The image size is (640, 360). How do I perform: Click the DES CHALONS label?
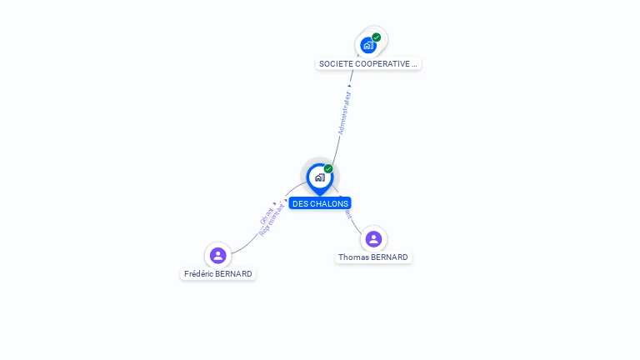click(x=320, y=203)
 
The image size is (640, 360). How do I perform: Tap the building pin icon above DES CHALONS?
click(x=319, y=177)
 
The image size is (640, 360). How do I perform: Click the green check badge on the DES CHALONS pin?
click(x=328, y=169)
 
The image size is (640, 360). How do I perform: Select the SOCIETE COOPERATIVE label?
click(x=368, y=63)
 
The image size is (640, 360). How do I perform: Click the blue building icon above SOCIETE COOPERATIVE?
click(x=368, y=45)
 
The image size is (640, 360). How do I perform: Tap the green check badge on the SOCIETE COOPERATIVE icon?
click(x=377, y=37)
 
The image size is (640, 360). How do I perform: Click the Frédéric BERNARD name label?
click(x=218, y=273)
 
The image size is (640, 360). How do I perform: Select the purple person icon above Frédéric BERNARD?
click(x=218, y=255)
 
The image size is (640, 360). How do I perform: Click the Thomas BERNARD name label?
click(x=373, y=257)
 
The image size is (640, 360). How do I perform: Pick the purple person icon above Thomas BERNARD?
click(x=373, y=239)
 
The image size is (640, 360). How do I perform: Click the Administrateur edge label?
click(x=344, y=112)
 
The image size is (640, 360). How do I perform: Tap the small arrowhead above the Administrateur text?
click(x=349, y=85)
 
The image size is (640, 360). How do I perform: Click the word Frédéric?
click(x=198, y=273)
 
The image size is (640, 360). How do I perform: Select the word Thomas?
click(x=352, y=257)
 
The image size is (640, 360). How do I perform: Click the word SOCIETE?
click(x=335, y=63)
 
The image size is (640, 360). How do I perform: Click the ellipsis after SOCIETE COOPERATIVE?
click(x=414, y=63)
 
